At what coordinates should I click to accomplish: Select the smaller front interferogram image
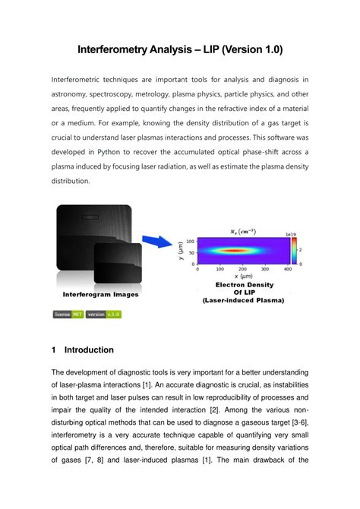(x=118, y=263)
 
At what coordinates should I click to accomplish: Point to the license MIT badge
(x=68, y=314)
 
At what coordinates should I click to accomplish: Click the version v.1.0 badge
(x=103, y=314)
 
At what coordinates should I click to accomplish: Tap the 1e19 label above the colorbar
(x=290, y=235)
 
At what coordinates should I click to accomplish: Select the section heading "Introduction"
(x=89, y=350)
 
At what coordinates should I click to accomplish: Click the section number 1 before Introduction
(x=54, y=350)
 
